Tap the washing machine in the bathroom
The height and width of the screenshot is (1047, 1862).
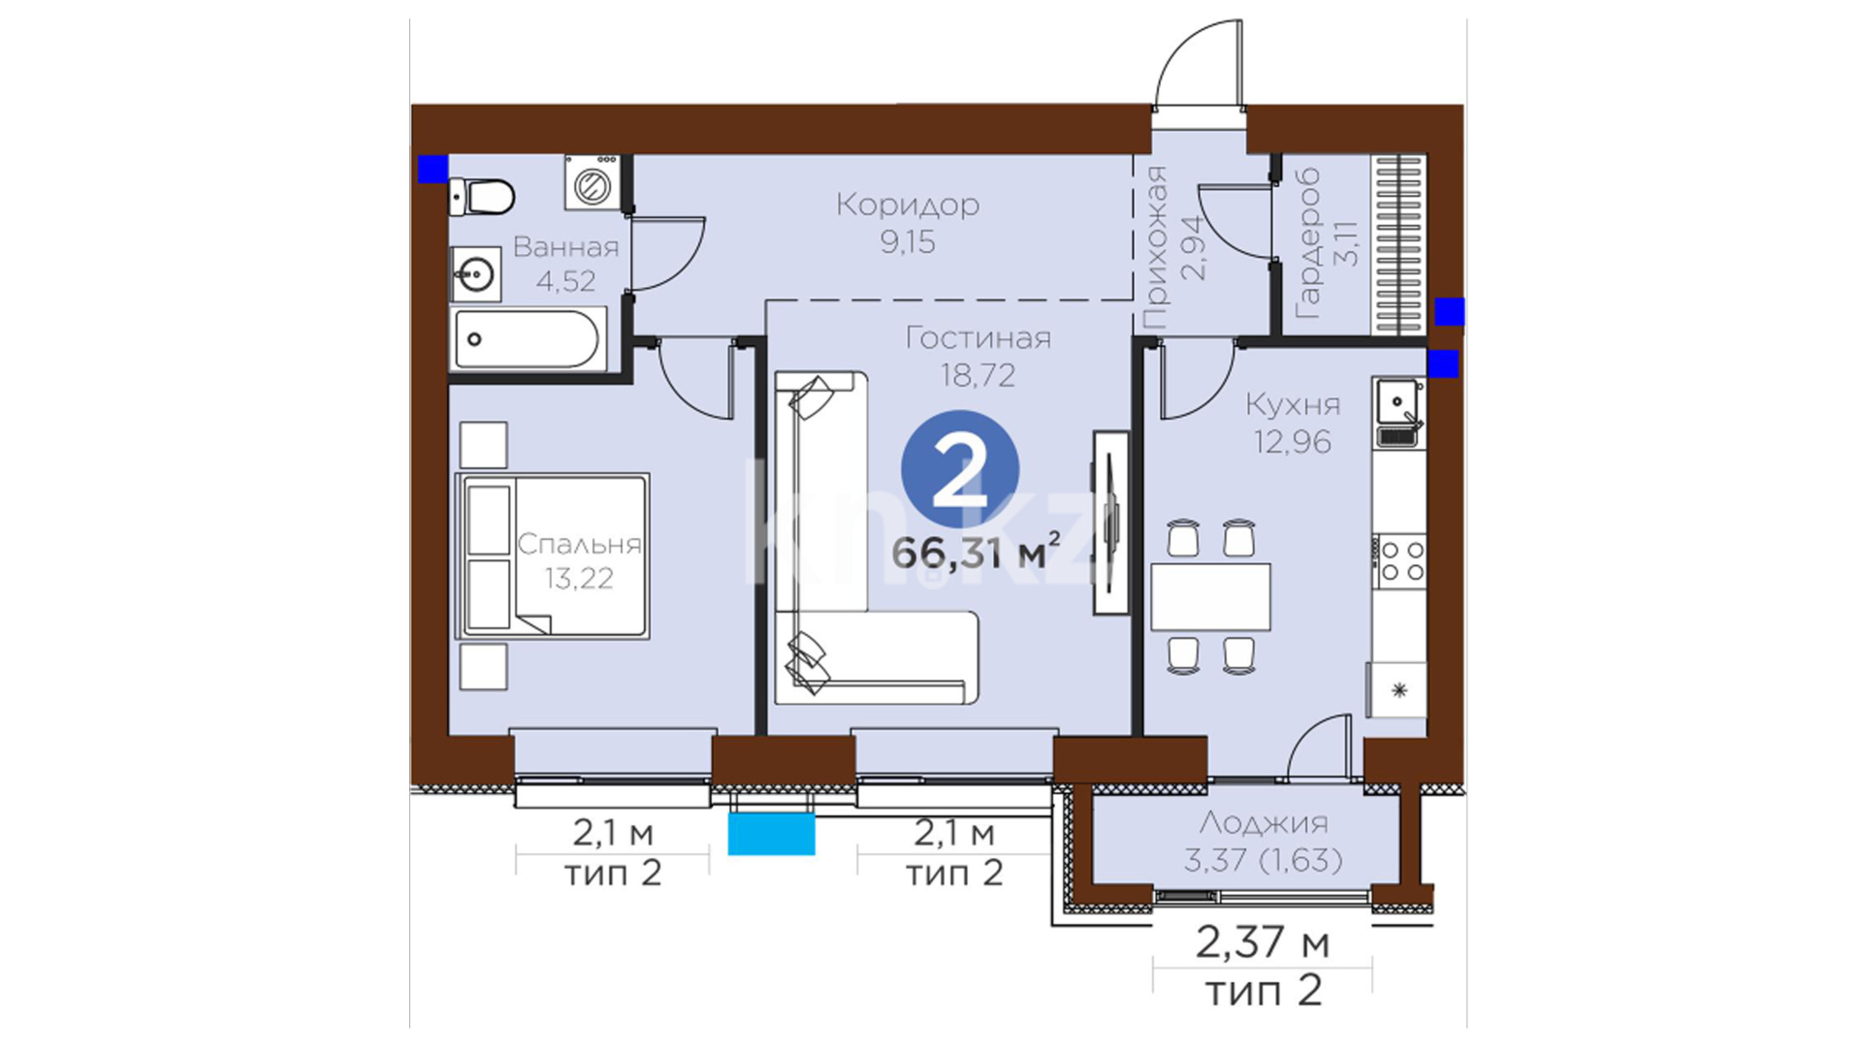(x=592, y=182)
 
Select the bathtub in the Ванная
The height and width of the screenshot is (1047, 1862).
(x=528, y=339)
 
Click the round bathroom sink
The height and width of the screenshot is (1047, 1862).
(x=476, y=274)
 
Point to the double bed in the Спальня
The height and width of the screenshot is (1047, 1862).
(x=552, y=555)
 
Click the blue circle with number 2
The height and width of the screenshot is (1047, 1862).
(x=960, y=469)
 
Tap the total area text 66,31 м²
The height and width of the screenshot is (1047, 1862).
(x=976, y=552)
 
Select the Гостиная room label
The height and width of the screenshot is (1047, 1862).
(x=978, y=338)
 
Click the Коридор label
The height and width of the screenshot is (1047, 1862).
(x=908, y=205)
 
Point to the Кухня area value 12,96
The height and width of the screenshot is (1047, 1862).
(x=1293, y=442)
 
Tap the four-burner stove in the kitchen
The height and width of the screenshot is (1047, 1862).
(x=1399, y=561)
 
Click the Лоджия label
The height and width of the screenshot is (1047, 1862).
(x=1263, y=823)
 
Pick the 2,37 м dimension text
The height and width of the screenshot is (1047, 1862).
(x=1263, y=941)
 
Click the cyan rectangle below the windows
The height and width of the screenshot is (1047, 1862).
(x=771, y=834)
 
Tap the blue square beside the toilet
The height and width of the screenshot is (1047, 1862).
(x=433, y=169)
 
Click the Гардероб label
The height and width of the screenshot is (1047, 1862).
(x=1307, y=243)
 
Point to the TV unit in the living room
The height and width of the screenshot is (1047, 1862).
(x=1111, y=522)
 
